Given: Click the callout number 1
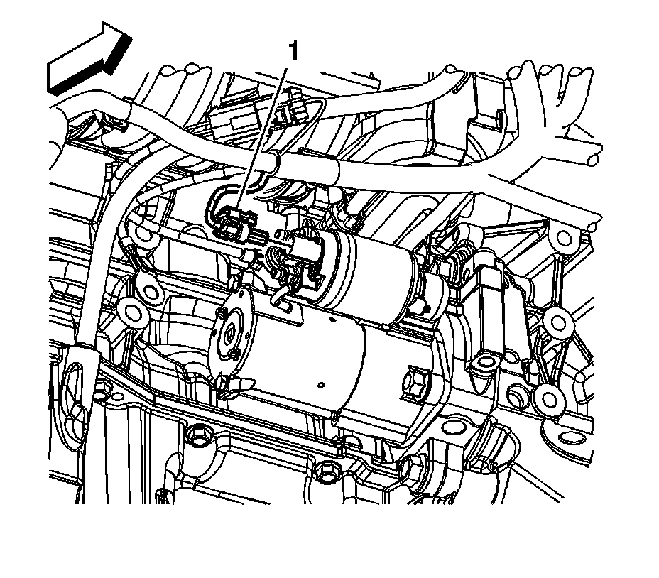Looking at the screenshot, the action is click(x=293, y=52).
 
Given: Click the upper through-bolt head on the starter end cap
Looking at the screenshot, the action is click(x=221, y=312).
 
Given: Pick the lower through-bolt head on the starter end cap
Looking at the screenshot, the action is click(x=234, y=354).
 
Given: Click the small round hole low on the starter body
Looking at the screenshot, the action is click(x=321, y=385).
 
